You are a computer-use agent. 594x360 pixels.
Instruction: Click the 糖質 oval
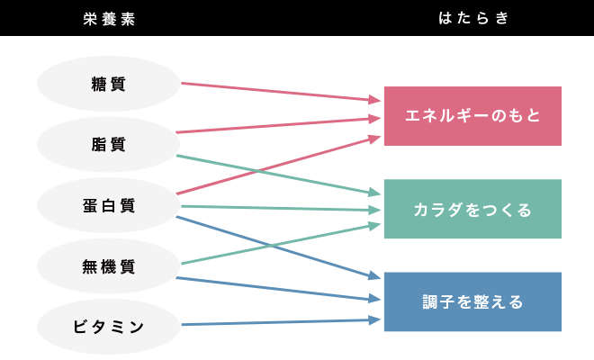109,84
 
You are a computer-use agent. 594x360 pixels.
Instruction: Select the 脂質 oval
109,144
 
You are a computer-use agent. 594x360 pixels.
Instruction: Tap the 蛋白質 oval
109,205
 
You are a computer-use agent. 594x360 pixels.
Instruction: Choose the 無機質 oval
109,266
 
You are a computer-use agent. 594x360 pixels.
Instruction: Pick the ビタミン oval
109,326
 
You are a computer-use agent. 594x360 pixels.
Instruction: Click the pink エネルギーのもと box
472,116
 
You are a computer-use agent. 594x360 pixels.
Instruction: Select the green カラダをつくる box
472,209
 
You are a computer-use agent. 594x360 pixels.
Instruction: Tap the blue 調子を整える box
472,301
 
